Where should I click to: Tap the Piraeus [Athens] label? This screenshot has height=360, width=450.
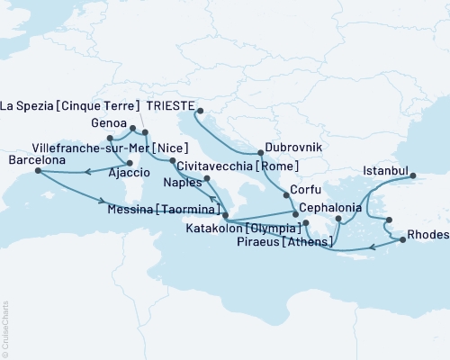point(284,242)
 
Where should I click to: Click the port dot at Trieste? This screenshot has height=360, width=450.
point(199,112)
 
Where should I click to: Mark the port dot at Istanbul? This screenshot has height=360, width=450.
point(414,176)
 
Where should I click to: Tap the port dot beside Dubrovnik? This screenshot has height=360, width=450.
point(261,151)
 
